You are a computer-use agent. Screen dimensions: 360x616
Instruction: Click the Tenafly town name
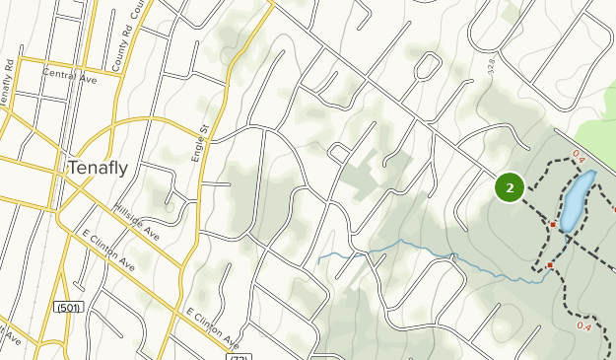point(98,169)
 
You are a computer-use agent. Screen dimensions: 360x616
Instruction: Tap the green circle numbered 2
point(509,187)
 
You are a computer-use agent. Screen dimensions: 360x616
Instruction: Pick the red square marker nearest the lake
point(554,224)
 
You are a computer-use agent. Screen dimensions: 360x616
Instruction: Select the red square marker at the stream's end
point(550,265)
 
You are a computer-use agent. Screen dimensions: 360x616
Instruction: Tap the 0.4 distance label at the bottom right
point(583,326)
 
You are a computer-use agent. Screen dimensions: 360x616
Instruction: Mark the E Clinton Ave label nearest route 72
point(213,328)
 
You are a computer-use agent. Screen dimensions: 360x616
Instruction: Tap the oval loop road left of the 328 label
point(426,66)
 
